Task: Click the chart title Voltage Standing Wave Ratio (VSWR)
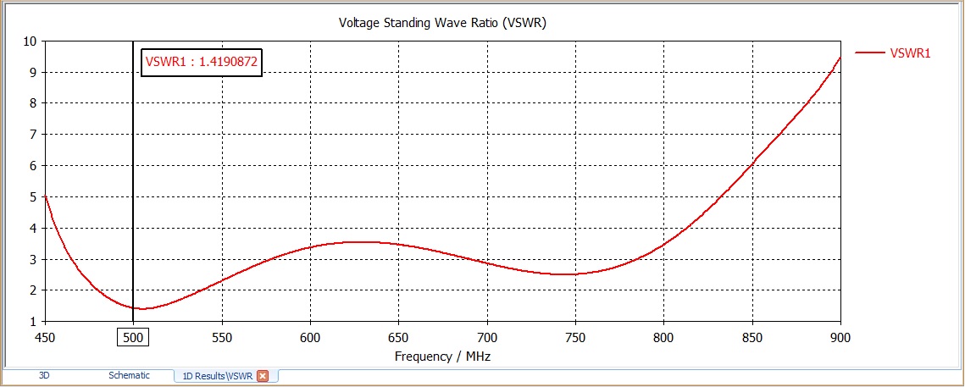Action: (x=442, y=23)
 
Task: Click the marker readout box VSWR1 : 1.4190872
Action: (x=202, y=61)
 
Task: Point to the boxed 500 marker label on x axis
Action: (x=132, y=337)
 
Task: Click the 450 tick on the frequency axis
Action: (x=44, y=337)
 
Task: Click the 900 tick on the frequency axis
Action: (x=840, y=337)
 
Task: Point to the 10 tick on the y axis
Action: (x=30, y=41)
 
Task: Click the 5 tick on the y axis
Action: (x=32, y=196)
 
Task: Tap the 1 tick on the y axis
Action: (x=32, y=322)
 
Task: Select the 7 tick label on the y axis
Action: (x=32, y=134)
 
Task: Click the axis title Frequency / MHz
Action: (x=442, y=357)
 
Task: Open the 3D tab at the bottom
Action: (x=44, y=375)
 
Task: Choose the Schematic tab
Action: (x=129, y=375)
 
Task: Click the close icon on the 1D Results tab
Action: (x=263, y=376)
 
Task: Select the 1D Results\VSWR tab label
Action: (x=218, y=376)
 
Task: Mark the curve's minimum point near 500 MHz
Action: (x=141, y=308)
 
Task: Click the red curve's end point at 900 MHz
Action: (x=840, y=58)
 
